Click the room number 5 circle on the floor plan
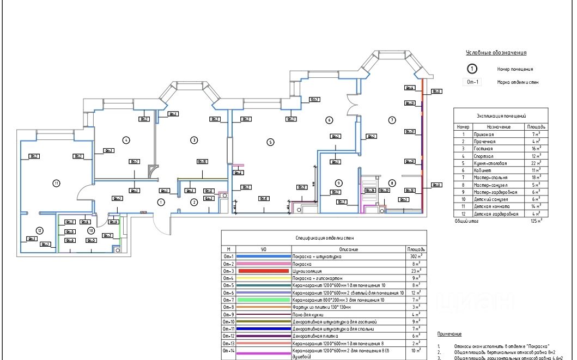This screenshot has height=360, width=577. (x=270, y=142)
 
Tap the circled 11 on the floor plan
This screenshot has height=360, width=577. (x=56, y=183)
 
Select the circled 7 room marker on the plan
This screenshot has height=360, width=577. (x=391, y=119)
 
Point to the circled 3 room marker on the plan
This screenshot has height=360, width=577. (x=193, y=140)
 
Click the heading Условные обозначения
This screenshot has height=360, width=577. (x=496, y=53)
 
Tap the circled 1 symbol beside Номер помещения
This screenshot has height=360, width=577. (x=472, y=69)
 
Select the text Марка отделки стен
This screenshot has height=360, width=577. (x=518, y=83)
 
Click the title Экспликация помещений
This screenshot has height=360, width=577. (x=501, y=116)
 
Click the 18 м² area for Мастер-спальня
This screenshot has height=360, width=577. (x=537, y=178)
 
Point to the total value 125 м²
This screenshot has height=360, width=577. (x=536, y=222)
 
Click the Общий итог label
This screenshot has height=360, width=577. (x=467, y=222)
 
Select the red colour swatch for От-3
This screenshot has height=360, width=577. (x=263, y=271)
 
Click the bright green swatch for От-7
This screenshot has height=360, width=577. (x=263, y=300)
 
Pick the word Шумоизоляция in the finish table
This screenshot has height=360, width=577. (x=307, y=271)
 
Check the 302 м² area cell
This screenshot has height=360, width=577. (x=416, y=256)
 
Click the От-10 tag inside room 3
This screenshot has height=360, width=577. (x=202, y=161)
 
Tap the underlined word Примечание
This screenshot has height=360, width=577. (x=450, y=334)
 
